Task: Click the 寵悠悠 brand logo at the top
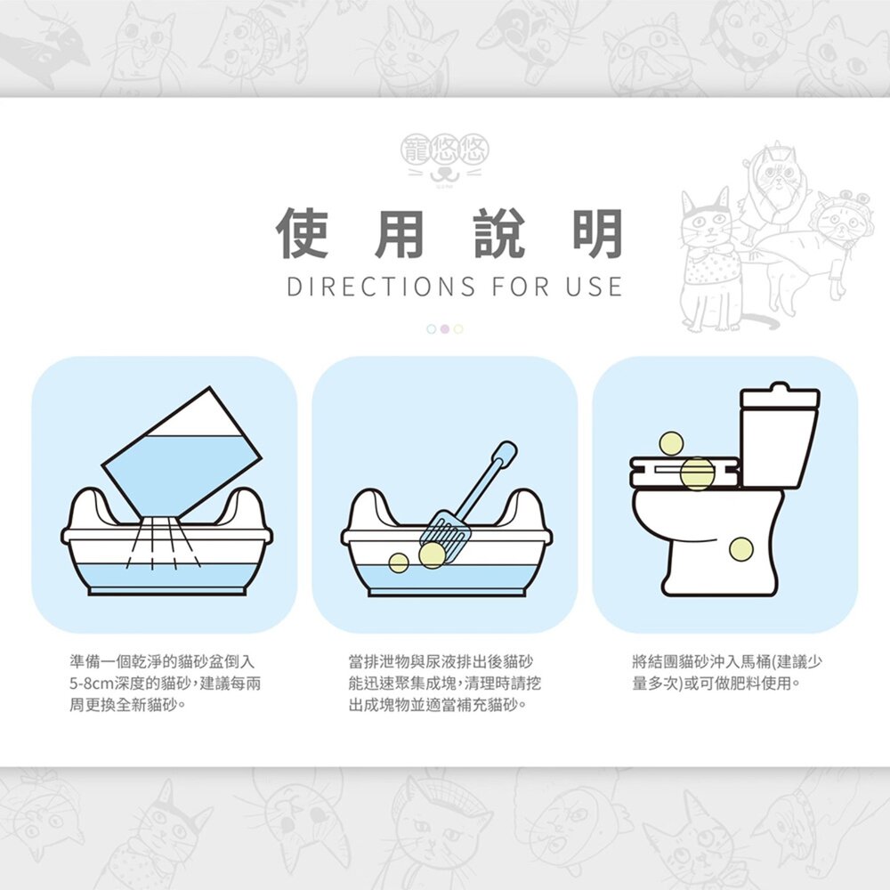445,159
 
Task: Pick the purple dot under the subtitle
445,329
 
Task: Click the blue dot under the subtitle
432,329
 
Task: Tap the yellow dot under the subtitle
458,329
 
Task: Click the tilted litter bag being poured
182,454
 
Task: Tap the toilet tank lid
780,396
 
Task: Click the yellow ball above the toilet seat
671,442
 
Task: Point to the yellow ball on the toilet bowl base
740,549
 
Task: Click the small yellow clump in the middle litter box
399,562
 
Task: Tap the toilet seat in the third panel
685,473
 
